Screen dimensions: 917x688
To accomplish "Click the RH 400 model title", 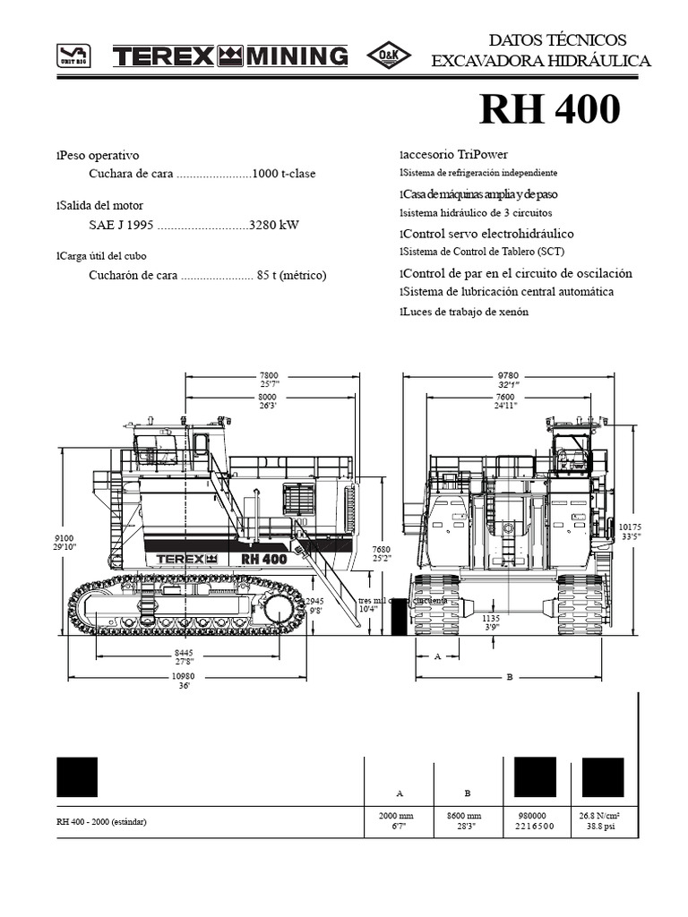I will [549, 110].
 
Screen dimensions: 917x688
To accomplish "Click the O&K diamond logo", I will [390, 56].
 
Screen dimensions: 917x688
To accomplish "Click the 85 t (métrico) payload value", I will [291, 275].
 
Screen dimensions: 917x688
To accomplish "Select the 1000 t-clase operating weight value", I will [284, 174].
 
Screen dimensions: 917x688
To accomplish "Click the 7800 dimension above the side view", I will [268, 375].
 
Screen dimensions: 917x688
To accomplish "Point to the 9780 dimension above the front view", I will [508, 375].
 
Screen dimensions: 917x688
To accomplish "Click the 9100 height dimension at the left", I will [64, 539].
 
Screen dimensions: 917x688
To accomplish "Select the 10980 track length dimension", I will [185, 678].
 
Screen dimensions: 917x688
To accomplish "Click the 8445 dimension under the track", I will [184, 653].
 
